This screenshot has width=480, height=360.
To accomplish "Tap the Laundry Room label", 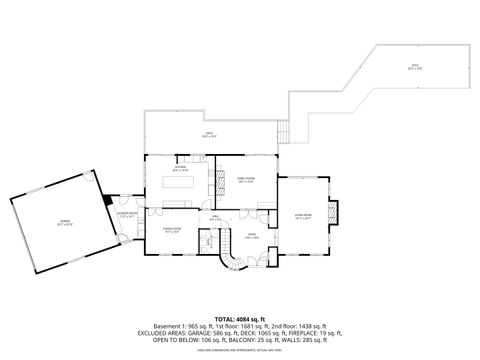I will click(x=127, y=213).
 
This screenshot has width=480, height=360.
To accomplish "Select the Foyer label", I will click(x=252, y=236).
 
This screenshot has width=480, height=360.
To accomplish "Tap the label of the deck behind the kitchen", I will click(x=211, y=134).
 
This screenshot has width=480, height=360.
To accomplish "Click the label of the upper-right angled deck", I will click(x=413, y=67).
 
